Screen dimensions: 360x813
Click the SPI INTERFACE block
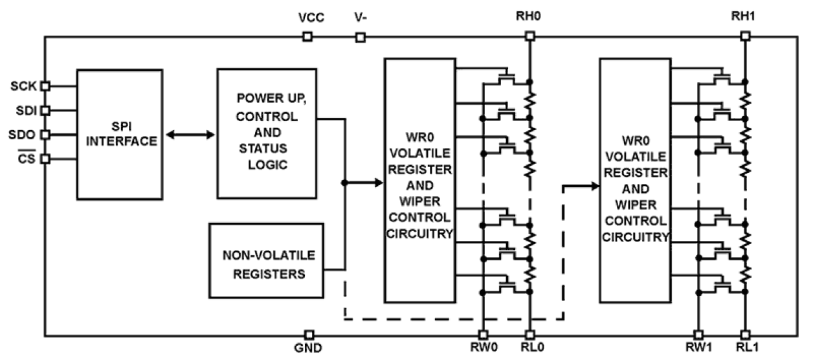coord(120,133)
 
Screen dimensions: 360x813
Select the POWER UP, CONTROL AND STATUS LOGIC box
coord(269,133)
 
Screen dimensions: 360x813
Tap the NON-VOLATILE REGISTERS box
coord(266,264)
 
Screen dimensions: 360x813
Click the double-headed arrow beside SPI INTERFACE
coord(190,135)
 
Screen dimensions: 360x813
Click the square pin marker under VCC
coord(307,37)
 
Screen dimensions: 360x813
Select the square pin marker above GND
coord(309,335)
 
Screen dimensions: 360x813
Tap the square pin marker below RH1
coord(744,37)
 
